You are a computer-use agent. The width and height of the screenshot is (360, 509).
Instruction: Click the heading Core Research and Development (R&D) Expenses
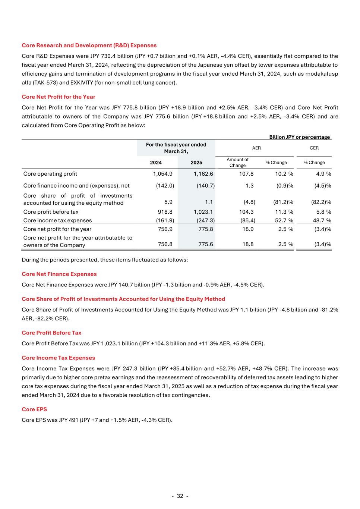point(89,45)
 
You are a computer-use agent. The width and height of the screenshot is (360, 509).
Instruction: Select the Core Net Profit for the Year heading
point(59,97)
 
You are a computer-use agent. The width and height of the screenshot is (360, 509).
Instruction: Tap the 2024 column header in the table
point(156,163)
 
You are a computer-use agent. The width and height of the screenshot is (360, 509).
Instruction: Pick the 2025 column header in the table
point(196,163)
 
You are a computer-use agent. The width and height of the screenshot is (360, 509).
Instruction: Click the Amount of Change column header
point(237,163)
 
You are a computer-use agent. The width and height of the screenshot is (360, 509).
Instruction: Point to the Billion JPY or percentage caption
point(300,137)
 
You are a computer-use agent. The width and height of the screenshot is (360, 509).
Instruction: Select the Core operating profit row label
point(50,174)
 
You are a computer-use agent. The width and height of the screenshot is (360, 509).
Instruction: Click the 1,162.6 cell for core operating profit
point(203,174)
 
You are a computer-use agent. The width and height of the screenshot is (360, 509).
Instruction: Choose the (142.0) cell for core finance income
point(165,186)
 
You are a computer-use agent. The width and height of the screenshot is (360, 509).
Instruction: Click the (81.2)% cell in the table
point(283,202)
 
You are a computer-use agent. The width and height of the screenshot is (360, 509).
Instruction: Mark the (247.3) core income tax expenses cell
point(205,220)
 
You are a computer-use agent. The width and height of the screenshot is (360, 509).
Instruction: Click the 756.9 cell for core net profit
point(165,229)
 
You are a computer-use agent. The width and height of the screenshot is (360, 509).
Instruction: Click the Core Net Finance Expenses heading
point(59,274)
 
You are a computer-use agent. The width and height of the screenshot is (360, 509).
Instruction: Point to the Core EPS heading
point(34,409)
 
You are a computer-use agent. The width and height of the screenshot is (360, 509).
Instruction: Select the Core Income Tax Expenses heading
point(59,358)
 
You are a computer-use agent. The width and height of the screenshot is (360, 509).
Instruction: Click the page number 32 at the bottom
point(180,496)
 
